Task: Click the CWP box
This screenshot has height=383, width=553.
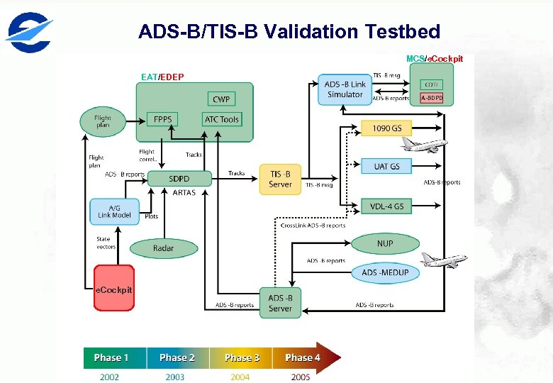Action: point(221,99)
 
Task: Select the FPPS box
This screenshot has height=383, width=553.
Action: point(162,120)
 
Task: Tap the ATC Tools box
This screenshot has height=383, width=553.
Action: point(222,120)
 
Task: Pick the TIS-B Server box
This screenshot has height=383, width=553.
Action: point(280,179)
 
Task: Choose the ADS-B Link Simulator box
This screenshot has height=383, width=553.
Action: point(345,90)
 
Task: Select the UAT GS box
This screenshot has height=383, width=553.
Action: point(386,166)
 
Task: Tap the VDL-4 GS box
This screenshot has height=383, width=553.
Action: point(386,206)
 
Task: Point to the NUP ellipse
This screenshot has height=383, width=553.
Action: point(385,243)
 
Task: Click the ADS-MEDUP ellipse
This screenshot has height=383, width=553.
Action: point(385,272)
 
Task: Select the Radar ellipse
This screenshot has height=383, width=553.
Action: point(163,248)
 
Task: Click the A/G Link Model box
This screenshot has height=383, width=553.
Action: point(115,211)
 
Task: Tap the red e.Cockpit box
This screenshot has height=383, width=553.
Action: point(114,287)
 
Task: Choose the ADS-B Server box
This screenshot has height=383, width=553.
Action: point(280,303)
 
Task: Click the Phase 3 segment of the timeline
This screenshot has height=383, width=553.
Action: point(241,358)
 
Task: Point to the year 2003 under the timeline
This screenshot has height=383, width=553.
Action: point(175,377)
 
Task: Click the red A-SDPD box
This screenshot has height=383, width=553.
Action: point(432,98)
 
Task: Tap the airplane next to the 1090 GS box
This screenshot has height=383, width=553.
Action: point(423,145)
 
